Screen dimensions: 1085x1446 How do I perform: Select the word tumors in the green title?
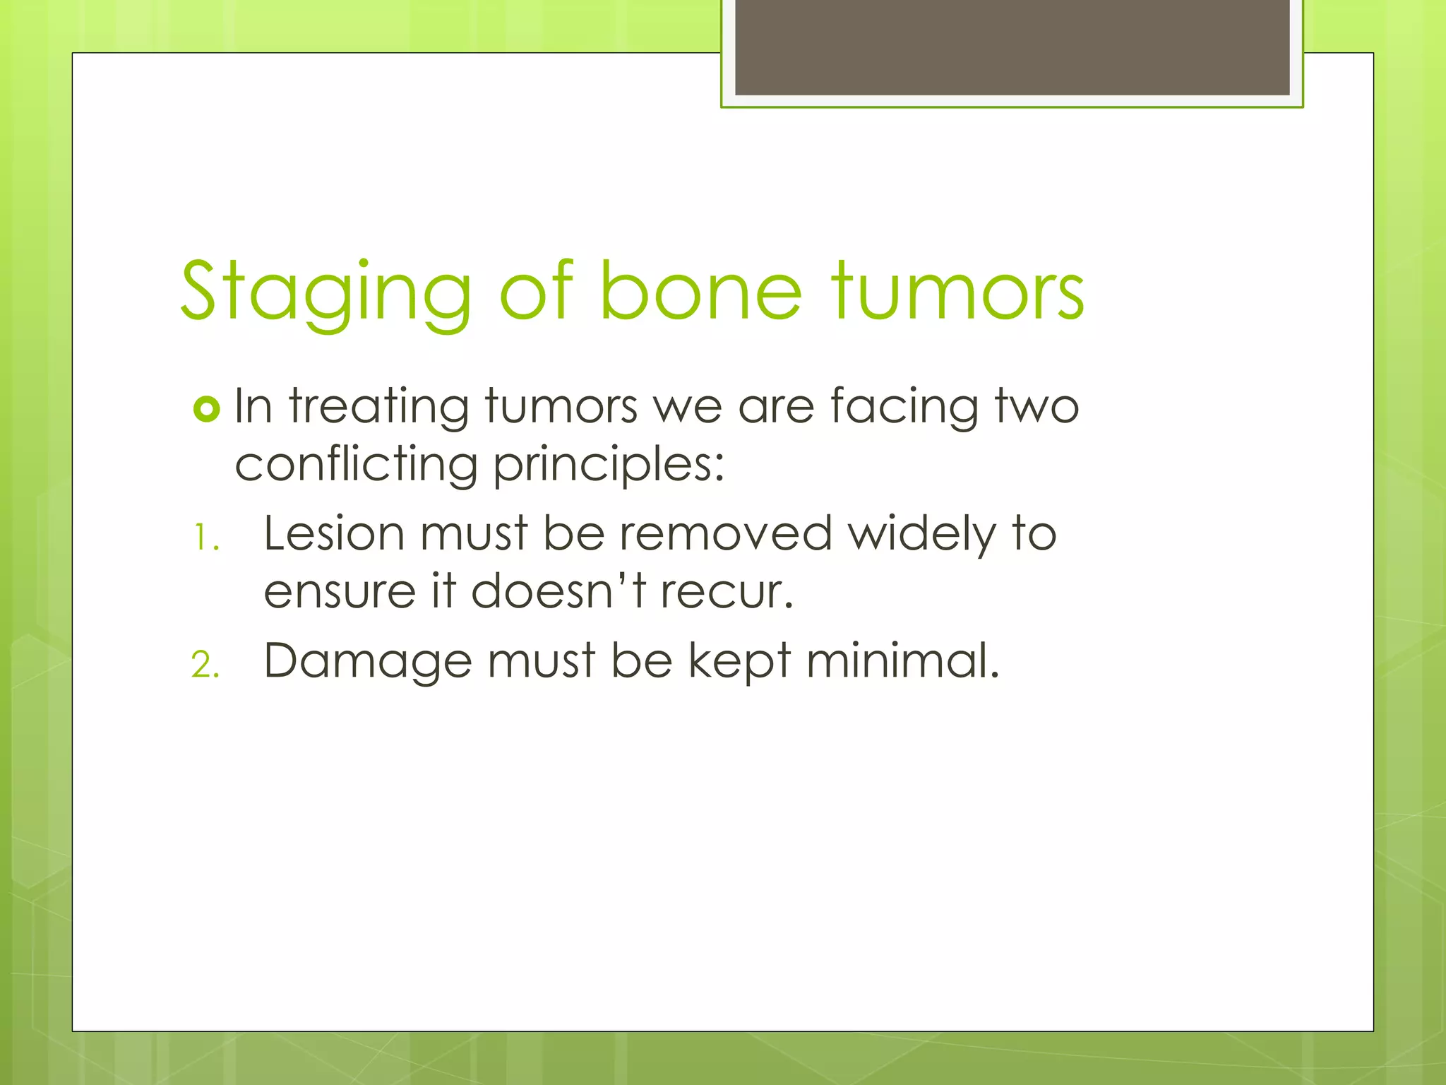[x=957, y=291]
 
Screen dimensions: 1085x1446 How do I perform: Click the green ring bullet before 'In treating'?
[x=206, y=409]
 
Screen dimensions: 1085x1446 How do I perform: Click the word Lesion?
[x=335, y=533]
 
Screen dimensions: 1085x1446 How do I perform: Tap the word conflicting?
[x=356, y=465]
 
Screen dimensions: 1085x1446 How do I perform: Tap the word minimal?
[x=902, y=661]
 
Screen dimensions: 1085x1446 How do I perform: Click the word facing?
[x=904, y=408]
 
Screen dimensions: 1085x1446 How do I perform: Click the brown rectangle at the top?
[x=1012, y=47]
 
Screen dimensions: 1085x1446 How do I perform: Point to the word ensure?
[x=339, y=592]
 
